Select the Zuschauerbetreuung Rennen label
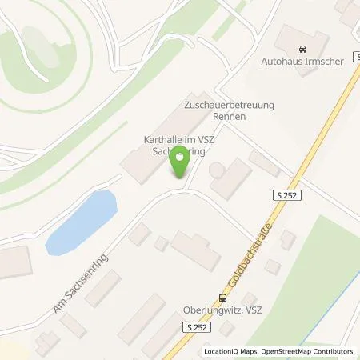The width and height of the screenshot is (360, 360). coord(213,110)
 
